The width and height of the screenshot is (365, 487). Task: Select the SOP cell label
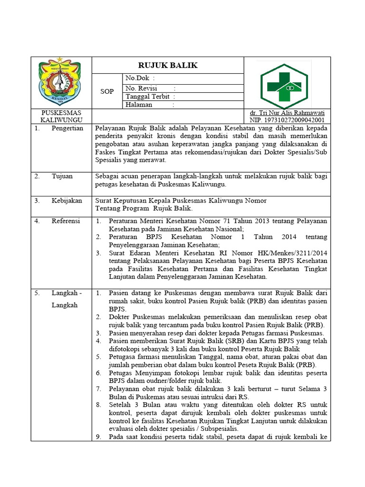point(107,91)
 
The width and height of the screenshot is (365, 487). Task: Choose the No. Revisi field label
point(141,88)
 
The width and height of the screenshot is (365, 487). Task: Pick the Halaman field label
point(139,105)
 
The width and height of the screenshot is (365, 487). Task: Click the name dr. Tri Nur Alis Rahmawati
point(287,113)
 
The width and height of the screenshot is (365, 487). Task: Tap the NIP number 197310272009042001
point(287,120)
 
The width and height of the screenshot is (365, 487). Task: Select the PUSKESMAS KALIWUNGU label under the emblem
point(61,117)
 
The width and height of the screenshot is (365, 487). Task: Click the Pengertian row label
point(67,128)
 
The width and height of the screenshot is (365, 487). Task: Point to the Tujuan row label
point(62,176)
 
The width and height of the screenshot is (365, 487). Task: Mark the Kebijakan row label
point(67,201)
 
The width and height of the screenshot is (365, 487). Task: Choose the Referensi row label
point(66,221)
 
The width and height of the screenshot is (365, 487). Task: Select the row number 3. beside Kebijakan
point(37,201)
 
